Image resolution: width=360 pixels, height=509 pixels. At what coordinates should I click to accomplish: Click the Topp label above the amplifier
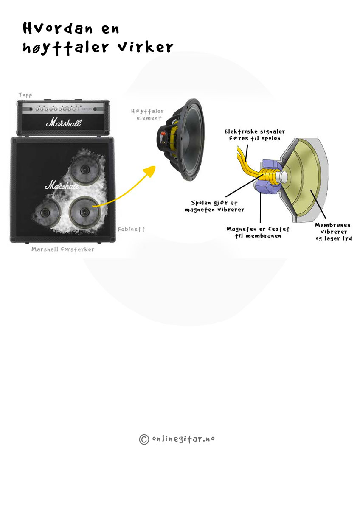pyautogui.click(x=25, y=95)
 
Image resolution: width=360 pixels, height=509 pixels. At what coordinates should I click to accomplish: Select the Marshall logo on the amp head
pyautogui.click(x=63, y=123)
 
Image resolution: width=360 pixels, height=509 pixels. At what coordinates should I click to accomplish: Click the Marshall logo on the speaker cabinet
pyautogui.click(x=62, y=185)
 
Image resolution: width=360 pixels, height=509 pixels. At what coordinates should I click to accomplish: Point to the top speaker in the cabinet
pyautogui.click(x=84, y=169)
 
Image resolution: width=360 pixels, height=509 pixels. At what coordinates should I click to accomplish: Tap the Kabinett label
pyautogui.click(x=131, y=229)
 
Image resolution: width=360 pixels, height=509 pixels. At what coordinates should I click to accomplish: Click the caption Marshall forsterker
pyautogui.click(x=63, y=249)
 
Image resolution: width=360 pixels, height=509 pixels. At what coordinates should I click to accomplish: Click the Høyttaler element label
pyautogui.click(x=147, y=115)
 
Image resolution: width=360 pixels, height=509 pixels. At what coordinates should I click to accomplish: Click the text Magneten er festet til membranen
pyautogui.click(x=258, y=232)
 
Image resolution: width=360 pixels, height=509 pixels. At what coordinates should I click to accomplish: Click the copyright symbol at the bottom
pyautogui.click(x=144, y=439)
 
